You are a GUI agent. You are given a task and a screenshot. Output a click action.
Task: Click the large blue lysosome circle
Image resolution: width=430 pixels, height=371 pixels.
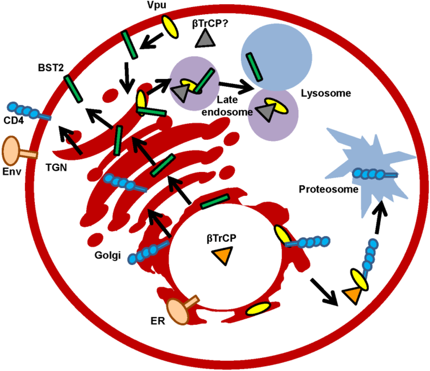point(276,55)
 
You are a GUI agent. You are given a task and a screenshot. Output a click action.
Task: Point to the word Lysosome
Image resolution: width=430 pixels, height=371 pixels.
point(326,93)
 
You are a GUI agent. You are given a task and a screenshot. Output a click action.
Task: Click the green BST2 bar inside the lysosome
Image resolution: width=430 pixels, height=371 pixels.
point(254,66)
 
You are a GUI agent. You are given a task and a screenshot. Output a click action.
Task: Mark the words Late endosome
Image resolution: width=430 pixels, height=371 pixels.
point(228,107)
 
